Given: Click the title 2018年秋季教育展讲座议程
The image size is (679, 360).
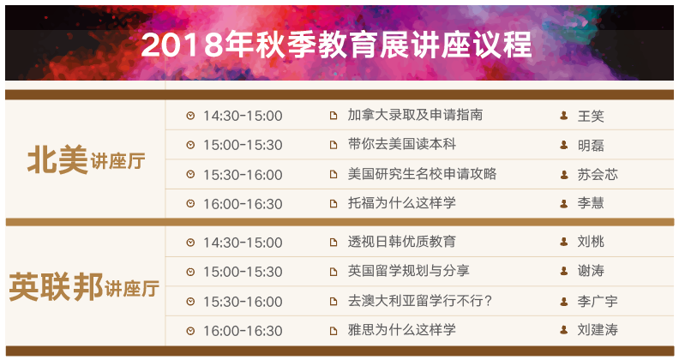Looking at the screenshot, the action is [x=336, y=45].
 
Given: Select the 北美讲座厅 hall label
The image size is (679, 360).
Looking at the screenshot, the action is [x=87, y=160].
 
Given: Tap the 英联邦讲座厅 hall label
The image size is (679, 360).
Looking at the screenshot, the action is [x=84, y=287].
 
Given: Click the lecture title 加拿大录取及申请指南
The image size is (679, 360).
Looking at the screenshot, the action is [x=415, y=115].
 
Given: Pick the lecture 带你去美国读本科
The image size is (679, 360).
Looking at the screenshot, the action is [x=402, y=144].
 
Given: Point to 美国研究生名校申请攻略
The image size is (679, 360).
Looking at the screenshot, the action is [x=422, y=174].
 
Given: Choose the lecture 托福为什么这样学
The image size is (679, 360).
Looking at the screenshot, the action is [x=402, y=203].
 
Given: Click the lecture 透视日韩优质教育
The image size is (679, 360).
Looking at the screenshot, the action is [x=402, y=242].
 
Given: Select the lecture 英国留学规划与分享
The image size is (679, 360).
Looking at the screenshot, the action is [x=408, y=271].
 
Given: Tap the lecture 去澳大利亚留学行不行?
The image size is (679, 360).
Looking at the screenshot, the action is [x=420, y=301].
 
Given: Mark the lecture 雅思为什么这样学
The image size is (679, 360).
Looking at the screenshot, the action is [x=402, y=330].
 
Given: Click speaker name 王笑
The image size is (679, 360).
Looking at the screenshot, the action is [x=591, y=116].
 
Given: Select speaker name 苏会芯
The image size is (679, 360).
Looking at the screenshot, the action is [x=598, y=174].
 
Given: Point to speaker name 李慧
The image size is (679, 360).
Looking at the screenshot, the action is [x=591, y=203].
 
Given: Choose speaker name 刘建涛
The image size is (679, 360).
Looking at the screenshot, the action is [x=598, y=330].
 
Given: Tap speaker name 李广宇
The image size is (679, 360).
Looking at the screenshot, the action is [x=598, y=301].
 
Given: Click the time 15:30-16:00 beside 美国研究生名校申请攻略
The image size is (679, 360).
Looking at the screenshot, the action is [x=243, y=175].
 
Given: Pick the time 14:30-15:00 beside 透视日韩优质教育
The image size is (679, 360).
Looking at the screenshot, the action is [x=243, y=243].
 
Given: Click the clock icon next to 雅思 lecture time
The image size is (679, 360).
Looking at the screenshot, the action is [x=190, y=331].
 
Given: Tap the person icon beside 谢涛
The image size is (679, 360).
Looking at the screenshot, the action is [x=564, y=271].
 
